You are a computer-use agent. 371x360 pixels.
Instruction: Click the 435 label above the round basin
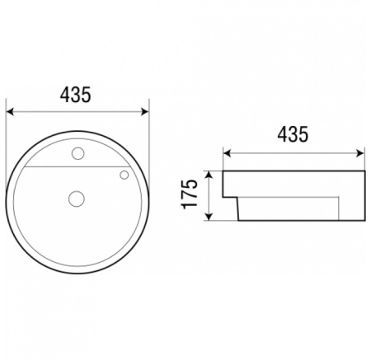(75, 95)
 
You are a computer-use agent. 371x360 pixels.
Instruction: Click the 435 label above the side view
(293, 134)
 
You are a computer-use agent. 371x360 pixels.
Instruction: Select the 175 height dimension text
(190, 194)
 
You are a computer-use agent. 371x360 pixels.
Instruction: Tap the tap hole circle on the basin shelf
(78, 153)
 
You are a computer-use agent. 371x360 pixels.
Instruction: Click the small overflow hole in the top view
(124, 175)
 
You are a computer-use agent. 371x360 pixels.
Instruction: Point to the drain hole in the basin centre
(77, 199)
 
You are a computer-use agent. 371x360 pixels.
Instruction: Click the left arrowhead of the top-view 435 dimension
(10, 112)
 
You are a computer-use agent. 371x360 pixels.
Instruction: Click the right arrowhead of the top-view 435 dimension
(144, 112)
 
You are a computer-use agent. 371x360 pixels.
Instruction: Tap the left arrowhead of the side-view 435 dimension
(227, 153)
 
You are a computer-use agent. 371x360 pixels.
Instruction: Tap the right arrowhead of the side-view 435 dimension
(360, 153)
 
